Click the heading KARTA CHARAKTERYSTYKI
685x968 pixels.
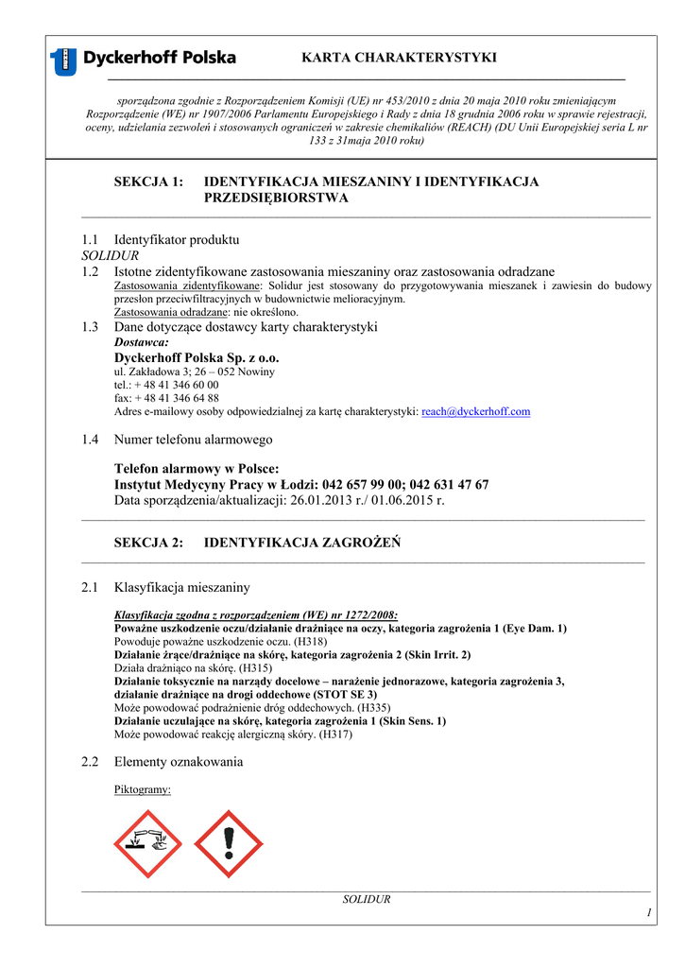[399, 58]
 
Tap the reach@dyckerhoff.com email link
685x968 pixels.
[475, 412]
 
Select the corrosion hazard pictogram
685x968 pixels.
[148, 844]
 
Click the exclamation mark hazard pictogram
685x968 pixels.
[228, 844]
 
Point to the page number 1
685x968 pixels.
[649, 911]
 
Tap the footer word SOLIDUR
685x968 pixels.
[366, 899]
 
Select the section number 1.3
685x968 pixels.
[91, 327]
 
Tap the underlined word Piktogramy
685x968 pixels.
[142, 789]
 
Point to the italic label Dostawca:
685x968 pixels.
[142, 342]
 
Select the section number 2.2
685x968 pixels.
[91, 762]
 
